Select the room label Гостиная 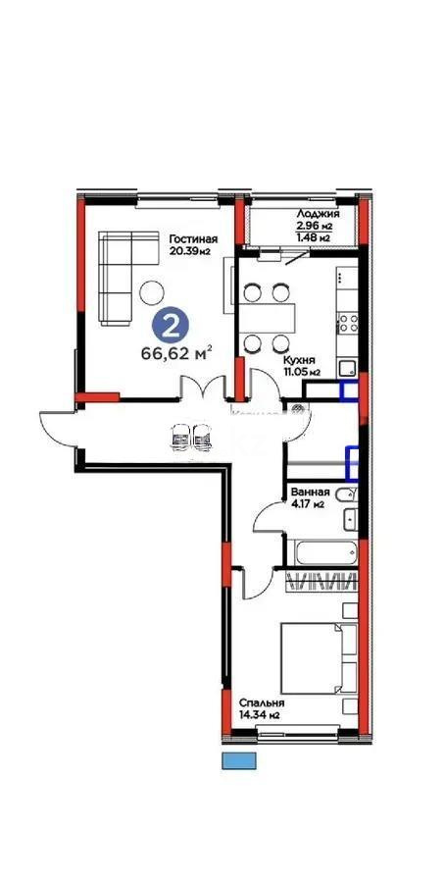[192, 239]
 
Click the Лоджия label [318, 213]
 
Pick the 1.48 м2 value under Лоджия [313, 236]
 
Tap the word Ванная [310, 493]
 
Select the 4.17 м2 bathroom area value [307, 505]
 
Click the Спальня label [262, 702]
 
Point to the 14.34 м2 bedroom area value [261, 715]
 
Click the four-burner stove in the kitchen [348, 321]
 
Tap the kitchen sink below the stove [347, 368]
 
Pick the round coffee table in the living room [152, 291]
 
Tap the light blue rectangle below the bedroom [236, 760]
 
